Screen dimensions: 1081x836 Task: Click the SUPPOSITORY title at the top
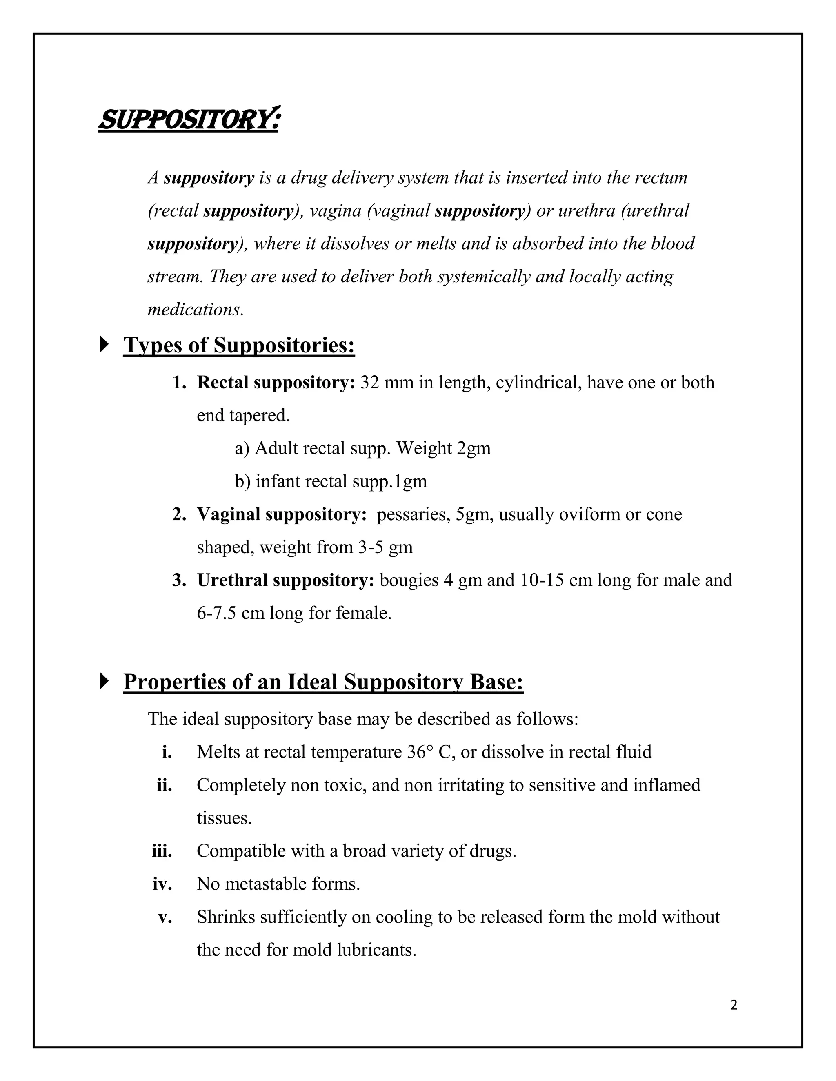pyautogui.click(x=188, y=120)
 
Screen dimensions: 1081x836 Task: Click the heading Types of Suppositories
pyautogui.click(x=239, y=345)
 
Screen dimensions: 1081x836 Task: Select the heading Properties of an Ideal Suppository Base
pyautogui.click(x=323, y=682)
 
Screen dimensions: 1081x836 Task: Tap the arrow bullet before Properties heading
pyautogui.click(x=104, y=681)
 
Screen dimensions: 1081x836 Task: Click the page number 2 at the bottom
pyautogui.click(x=734, y=1005)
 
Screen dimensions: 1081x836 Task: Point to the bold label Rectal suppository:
pyautogui.click(x=276, y=383)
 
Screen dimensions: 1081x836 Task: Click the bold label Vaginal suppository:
pyautogui.click(x=281, y=514)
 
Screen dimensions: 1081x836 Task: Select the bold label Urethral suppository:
pyautogui.click(x=285, y=580)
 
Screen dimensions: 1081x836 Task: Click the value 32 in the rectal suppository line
pyautogui.click(x=369, y=383)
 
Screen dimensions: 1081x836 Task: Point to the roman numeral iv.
pyautogui.click(x=162, y=884)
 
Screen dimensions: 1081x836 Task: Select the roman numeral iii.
pyautogui.click(x=162, y=851)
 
